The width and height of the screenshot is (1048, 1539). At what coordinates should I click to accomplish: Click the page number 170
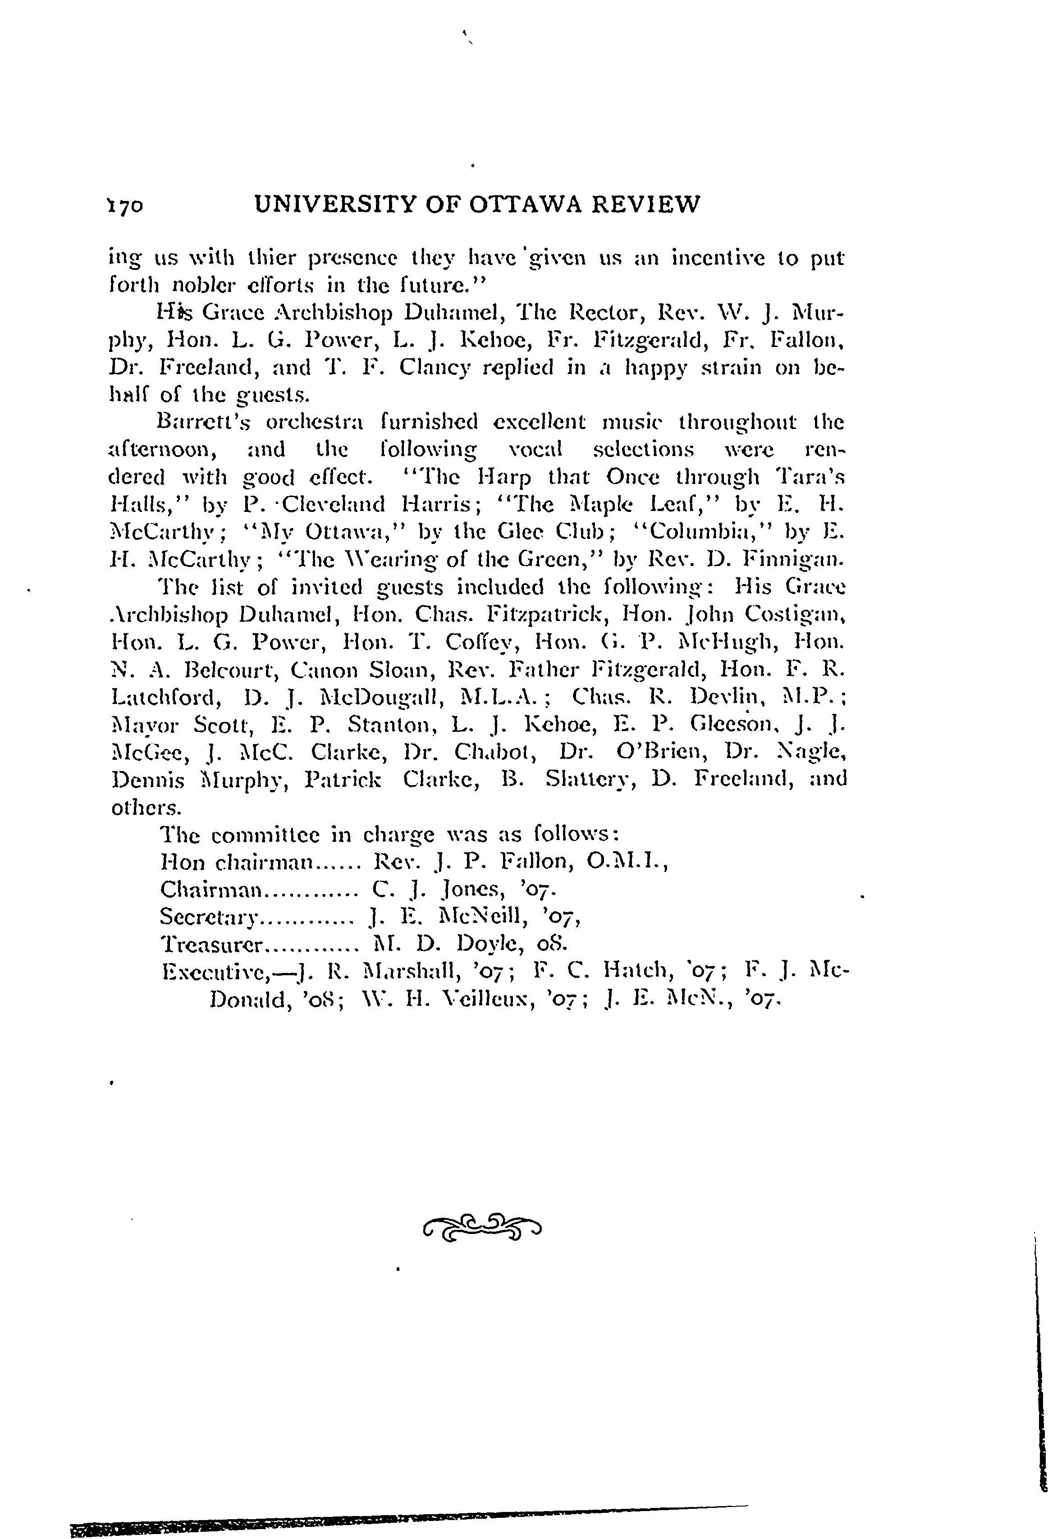tap(124, 206)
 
